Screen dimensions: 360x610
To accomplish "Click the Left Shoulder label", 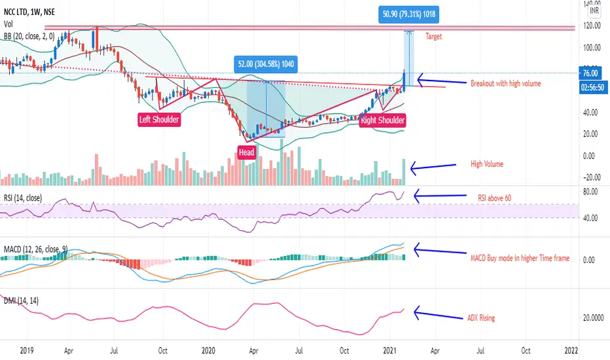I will coord(158,120).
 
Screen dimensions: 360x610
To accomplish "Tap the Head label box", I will coord(246,153).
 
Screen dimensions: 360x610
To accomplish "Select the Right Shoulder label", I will coord(383,120).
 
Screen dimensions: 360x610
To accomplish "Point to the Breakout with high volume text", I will coord(505,83).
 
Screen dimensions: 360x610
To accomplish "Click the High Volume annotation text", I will coord(487,164).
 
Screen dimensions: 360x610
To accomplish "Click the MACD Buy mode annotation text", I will coord(520,258).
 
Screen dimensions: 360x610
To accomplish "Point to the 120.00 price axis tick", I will coord(593,26).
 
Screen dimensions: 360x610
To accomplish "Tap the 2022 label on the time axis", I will coord(572,350).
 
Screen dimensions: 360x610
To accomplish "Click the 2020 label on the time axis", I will coord(209,350).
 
